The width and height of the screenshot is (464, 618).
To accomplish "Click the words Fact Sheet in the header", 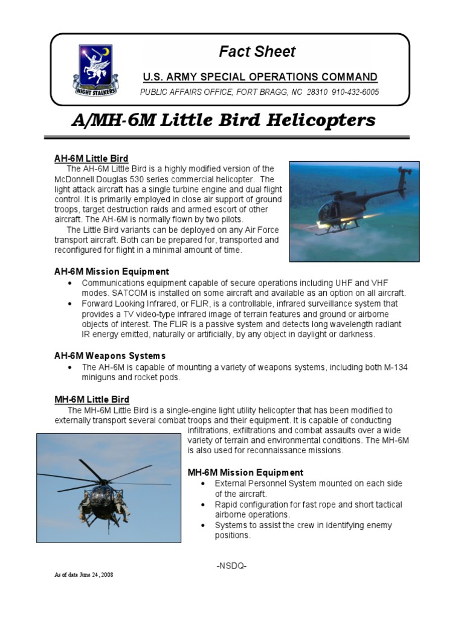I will coord(257,52).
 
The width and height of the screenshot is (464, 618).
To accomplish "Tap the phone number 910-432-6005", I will coord(355,92).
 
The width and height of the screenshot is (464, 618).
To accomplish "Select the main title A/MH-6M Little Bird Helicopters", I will coord(223,121).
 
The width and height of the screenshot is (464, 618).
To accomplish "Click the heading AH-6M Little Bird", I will coord(91,159).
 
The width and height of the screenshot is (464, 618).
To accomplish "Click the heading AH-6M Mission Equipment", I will coord(112,272).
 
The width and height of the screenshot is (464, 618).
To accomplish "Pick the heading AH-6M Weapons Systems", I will coord(110,356).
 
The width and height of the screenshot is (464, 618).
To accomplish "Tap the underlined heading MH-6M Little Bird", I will coord(92,400).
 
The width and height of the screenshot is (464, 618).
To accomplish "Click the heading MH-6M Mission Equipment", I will coord(246,473).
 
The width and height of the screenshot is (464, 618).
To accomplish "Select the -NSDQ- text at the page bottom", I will coord(231,565).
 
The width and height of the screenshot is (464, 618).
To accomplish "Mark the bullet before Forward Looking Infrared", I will coord(70,304).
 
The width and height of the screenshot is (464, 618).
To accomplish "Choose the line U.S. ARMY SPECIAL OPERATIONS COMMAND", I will coord(260,77).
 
